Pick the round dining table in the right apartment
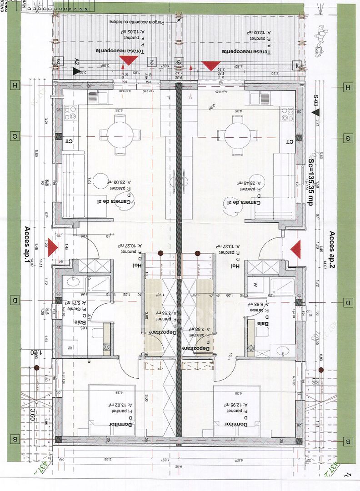[x=238, y=135]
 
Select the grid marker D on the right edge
[x=348, y=303]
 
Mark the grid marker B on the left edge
[x=15, y=439]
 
